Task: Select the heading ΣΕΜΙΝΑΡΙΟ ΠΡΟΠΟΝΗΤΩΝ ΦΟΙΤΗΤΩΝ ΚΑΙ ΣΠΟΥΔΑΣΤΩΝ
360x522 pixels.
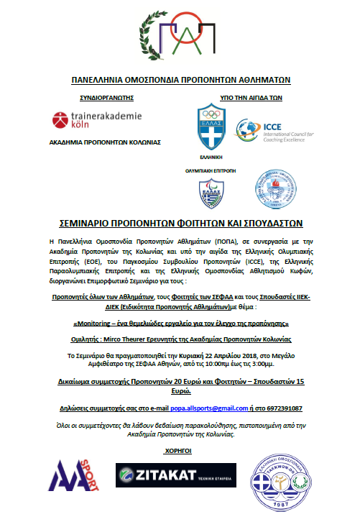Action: coord(180,223)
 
